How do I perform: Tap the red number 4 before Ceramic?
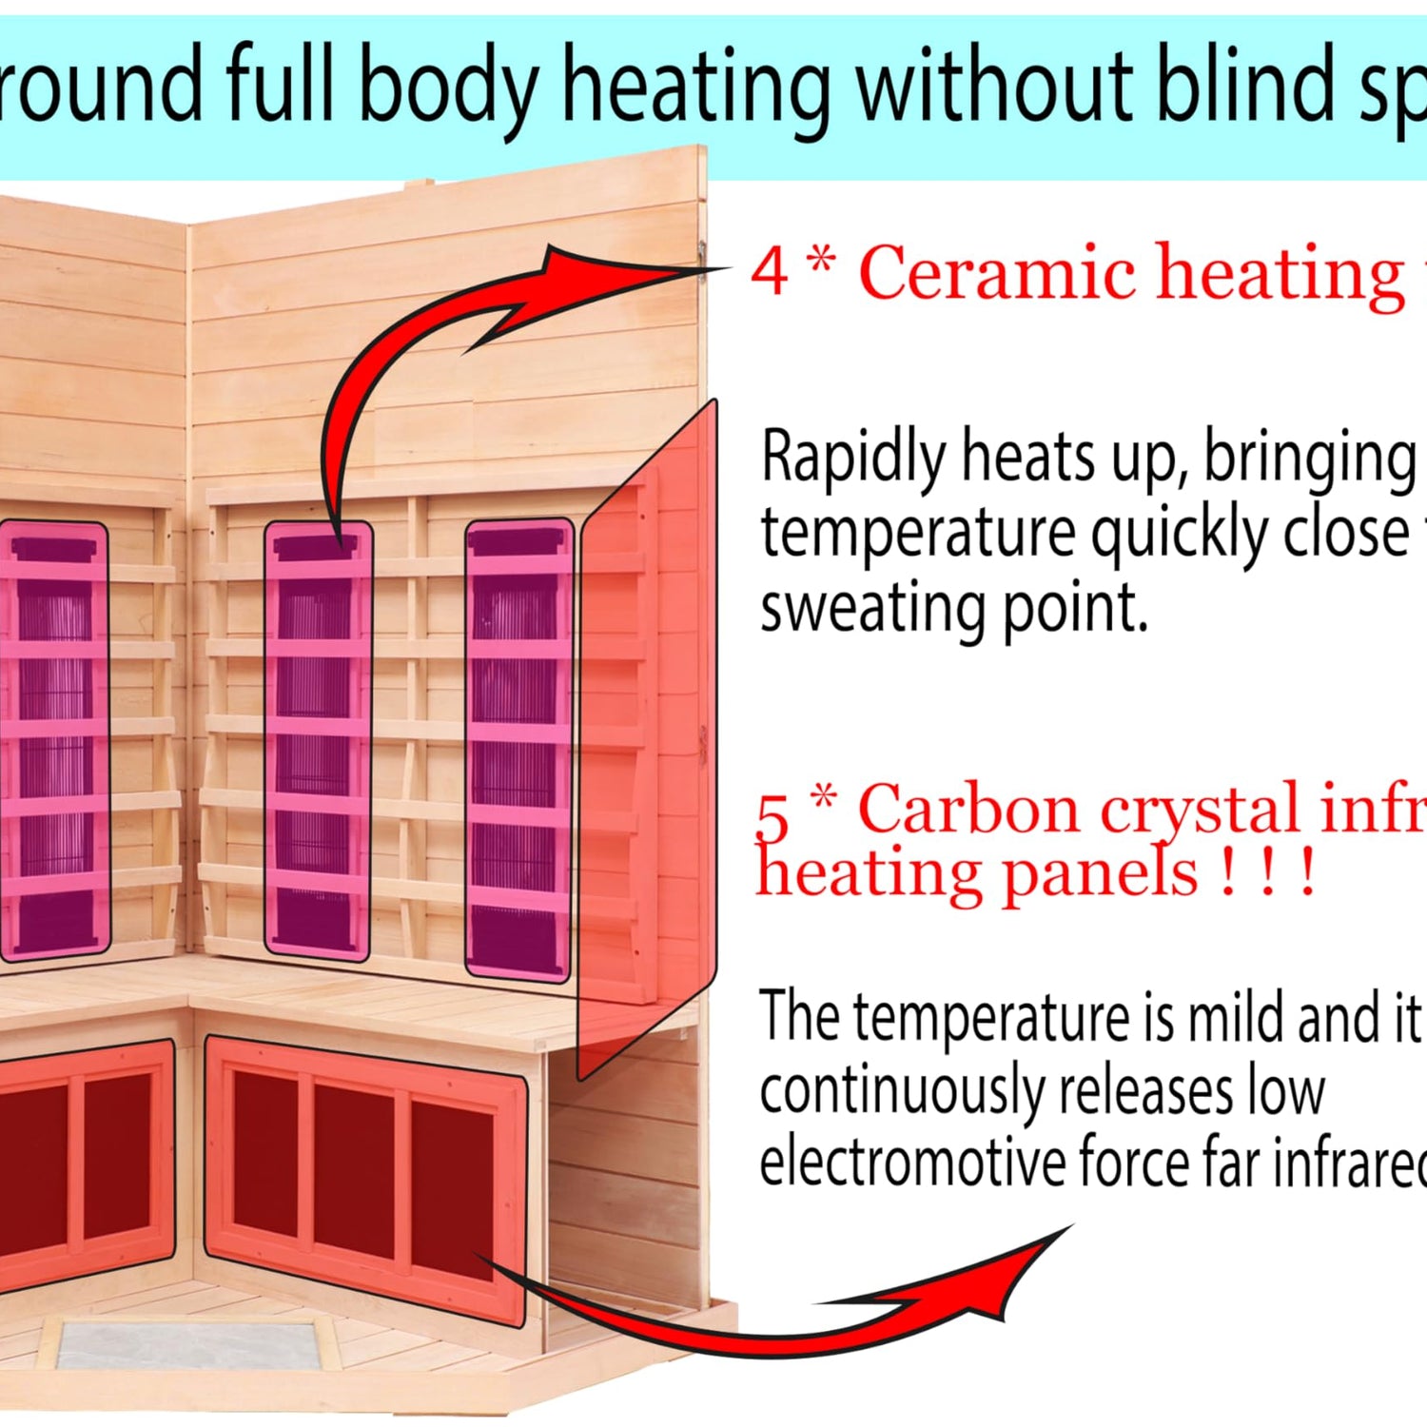click(770, 271)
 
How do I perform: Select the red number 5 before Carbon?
click(772, 816)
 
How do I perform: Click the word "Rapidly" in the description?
click(852, 458)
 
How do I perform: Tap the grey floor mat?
click(190, 1346)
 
